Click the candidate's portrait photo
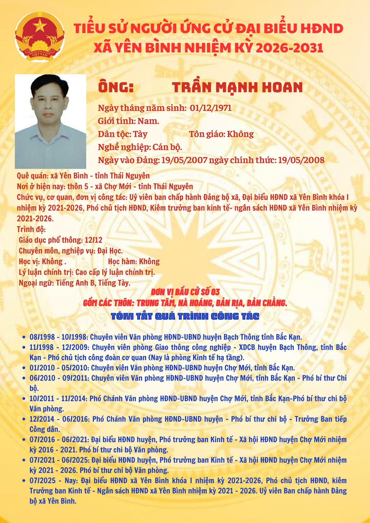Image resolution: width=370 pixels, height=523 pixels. [50, 121]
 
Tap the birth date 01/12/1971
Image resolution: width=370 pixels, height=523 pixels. [211, 108]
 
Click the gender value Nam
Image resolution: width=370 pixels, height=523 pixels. [148, 121]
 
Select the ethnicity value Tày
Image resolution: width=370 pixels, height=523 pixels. [140, 134]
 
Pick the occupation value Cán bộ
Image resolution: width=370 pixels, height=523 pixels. [167, 147]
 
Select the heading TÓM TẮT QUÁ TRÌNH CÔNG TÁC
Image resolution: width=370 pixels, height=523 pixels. [185, 317]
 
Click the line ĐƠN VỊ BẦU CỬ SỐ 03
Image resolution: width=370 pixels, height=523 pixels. [185, 291]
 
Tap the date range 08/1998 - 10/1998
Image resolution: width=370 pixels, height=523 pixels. [59, 337]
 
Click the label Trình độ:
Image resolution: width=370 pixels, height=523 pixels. [31, 229]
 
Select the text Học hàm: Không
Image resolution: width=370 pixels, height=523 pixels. [134, 261]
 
